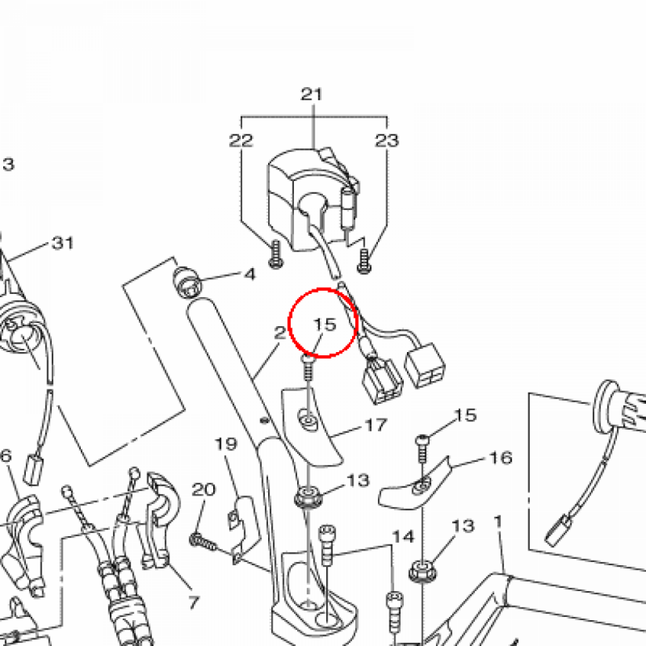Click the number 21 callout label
pyautogui.click(x=312, y=95)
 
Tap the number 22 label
pyautogui.click(x=240, y=141)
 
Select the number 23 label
pyautogui.click(x=387, y=141)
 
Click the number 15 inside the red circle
pyautogui.click(x=325, y=325)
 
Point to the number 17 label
pyautogui.click(x=376, y=425)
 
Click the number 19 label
pyautogui.click(x=226, y=444)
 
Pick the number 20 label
pyautogui.click(x=204, y=490)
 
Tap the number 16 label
pyautogui.click(x=500, y=458)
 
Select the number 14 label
pyautogui.click(x=403, y=537)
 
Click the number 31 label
pyautogui.click(x=62, y=243)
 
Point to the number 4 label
pyautogui.click(x=250, y=274)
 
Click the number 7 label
pyautogui.click(x=194, y=602)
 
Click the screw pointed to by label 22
pyautogui.click(x=276, y=254)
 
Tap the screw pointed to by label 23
pyautogui.click(x=364, y=261)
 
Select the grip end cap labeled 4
pyautogui.click(x=187, y=282)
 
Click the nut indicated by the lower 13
pyautogui.click(x=423, y=571)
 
